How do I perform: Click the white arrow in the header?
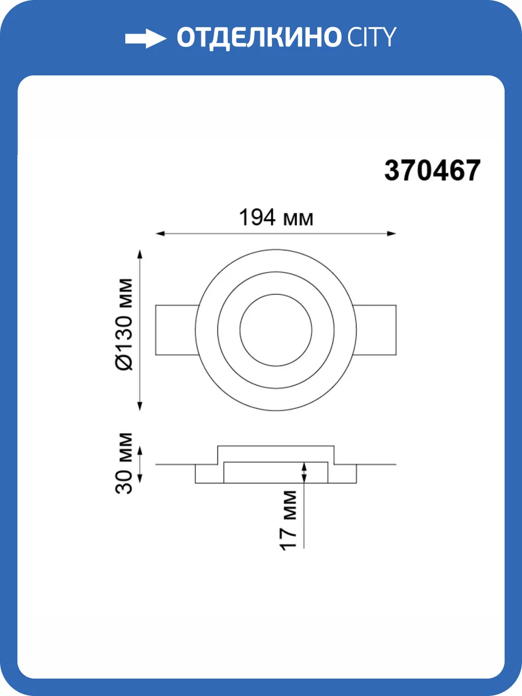tap(146, 38)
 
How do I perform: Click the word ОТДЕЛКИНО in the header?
tap(258, 38)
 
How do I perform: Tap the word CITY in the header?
tap(372, 37)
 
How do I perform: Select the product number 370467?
tap(432, 171)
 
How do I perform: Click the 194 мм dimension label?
tap(276, 217)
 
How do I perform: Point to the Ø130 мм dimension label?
tap(124, 324)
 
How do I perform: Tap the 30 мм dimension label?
tap(124, 463)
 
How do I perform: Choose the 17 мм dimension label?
tap(288, 520)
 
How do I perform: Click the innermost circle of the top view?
tap(275, 294)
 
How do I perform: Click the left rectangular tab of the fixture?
tap(176, 330)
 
